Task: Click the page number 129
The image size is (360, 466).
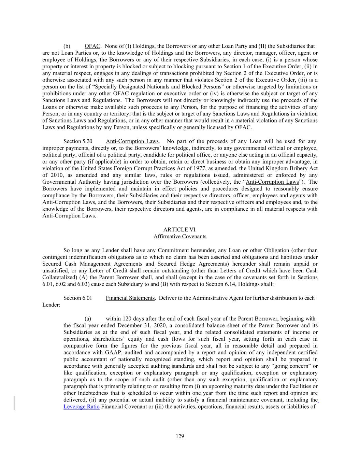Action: pos(180,436)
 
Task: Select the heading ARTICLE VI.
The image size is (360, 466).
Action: pos(180,230)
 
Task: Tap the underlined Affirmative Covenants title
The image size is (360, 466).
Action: pos(180,237)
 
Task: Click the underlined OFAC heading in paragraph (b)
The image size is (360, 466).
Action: pos(92,46)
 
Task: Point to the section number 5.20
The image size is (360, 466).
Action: pos(87,141)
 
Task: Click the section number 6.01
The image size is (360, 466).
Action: pos(87,298)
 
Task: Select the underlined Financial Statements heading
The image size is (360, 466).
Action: pos(130,298)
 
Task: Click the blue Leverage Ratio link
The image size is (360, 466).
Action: pos(82,407)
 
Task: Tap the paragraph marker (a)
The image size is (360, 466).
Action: pos(88,319)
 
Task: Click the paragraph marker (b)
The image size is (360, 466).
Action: pos(67,46)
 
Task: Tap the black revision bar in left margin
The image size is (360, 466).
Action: pos(14,403)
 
